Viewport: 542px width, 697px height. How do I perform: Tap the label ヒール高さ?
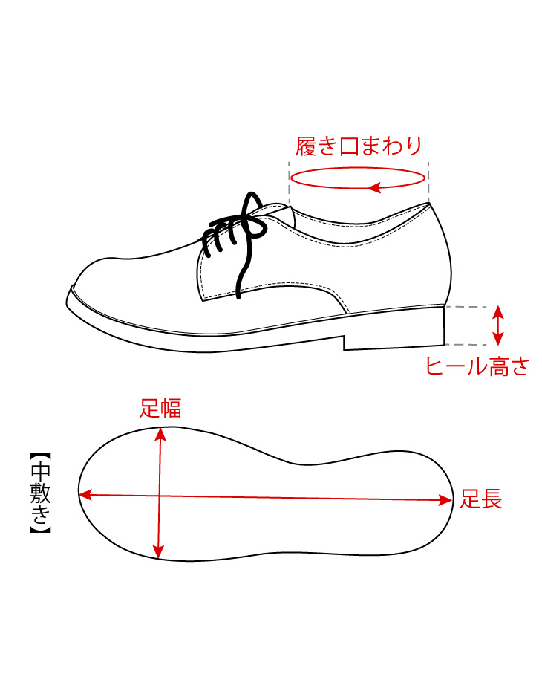pos(477,366)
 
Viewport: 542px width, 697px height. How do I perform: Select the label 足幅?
pos(160,408)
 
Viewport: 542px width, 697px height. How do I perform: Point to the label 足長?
pos(481,499)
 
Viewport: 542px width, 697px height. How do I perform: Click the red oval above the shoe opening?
pos(359,178)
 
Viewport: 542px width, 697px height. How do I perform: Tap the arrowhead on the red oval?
pos(376,187)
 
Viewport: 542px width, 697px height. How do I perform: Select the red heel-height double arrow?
pos(498,325)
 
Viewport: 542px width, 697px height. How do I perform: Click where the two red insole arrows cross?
pos(159,495)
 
